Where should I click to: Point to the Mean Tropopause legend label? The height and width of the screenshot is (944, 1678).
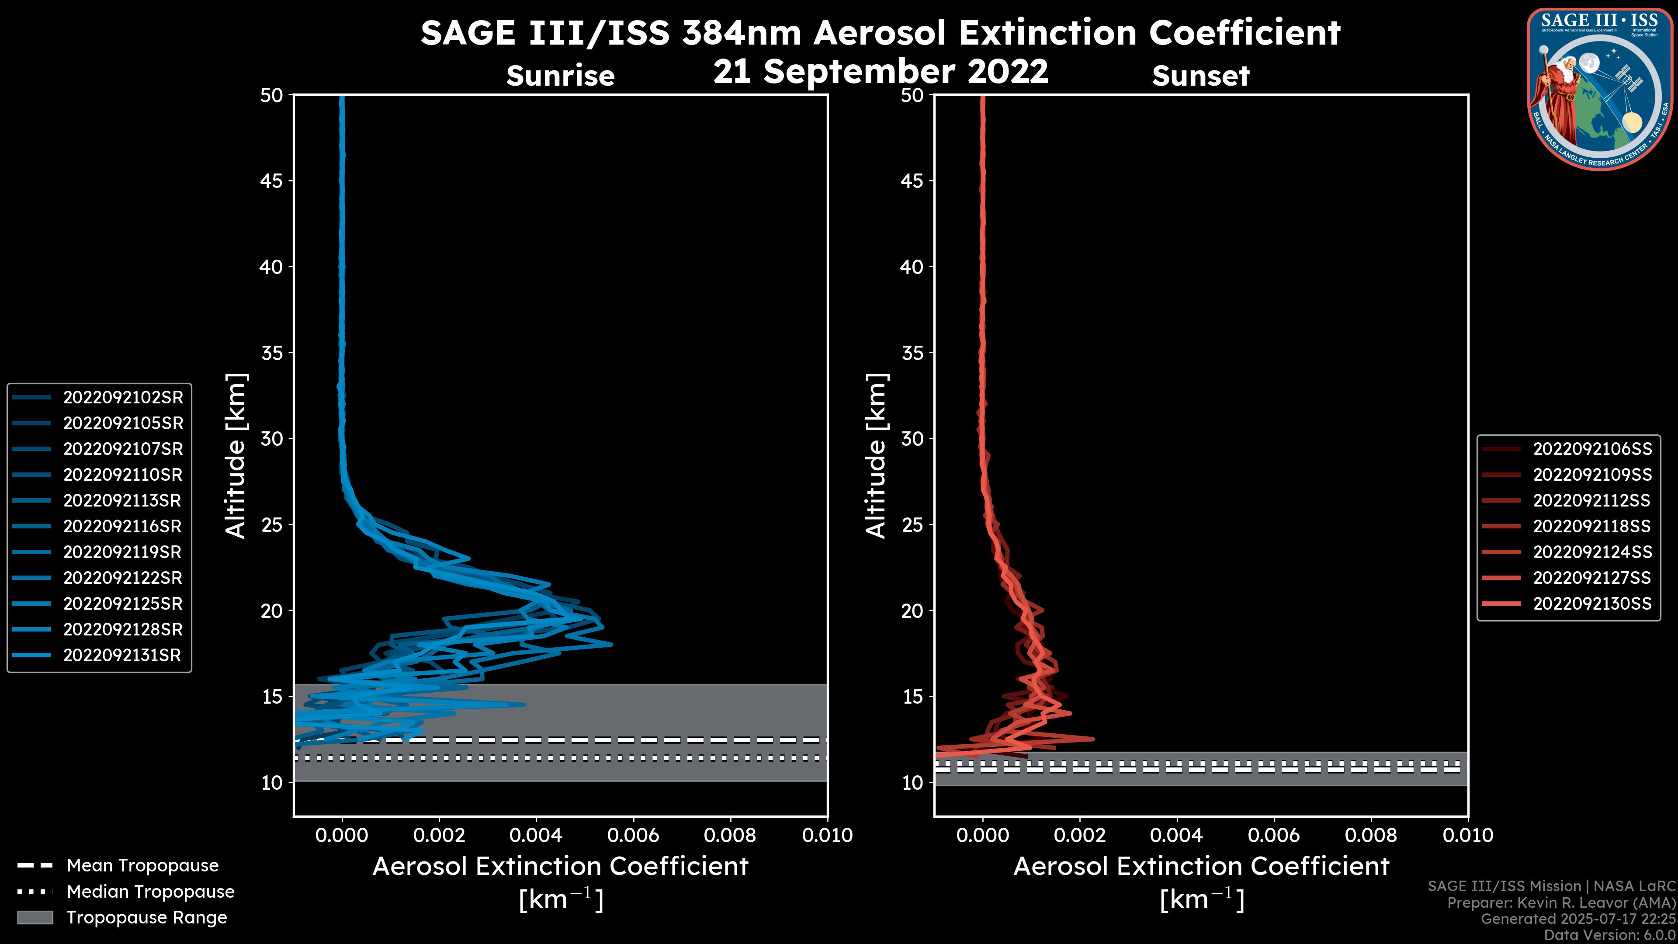(x=142, y=866)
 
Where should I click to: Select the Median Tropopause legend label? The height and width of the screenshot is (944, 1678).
(x=150, y=892)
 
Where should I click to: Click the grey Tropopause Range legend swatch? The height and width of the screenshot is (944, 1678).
(x=35, y=917)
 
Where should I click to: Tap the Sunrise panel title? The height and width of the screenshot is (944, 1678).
(x=560, y=76)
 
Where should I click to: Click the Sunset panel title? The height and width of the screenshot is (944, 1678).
(x=1200, y=76)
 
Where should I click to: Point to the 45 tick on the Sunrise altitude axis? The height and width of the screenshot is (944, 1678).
(x=272, y=180)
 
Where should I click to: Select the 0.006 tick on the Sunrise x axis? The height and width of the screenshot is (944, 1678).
(x=633, y=835)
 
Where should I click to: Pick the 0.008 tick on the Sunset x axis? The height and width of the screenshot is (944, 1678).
(x=1371, y=835)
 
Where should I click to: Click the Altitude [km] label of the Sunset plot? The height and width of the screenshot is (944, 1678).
(x=876, y=455)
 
